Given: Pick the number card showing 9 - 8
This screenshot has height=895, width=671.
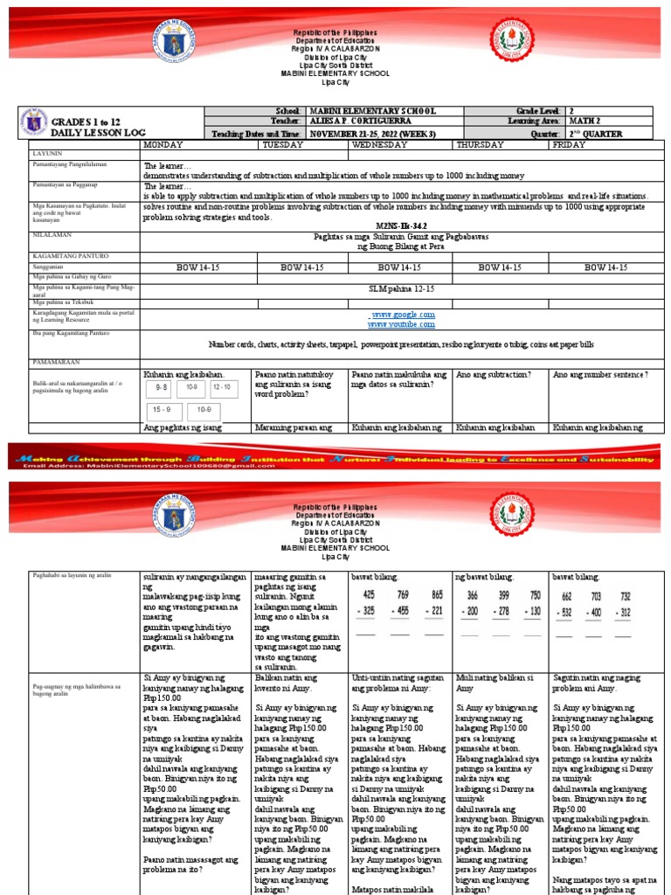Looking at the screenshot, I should [x=162, y=386].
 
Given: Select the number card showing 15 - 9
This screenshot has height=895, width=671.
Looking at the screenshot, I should [x=162, y=408].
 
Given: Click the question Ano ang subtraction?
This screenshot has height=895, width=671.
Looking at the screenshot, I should [x=494, y=374].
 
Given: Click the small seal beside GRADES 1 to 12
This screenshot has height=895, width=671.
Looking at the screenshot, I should [x=34, y=121].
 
